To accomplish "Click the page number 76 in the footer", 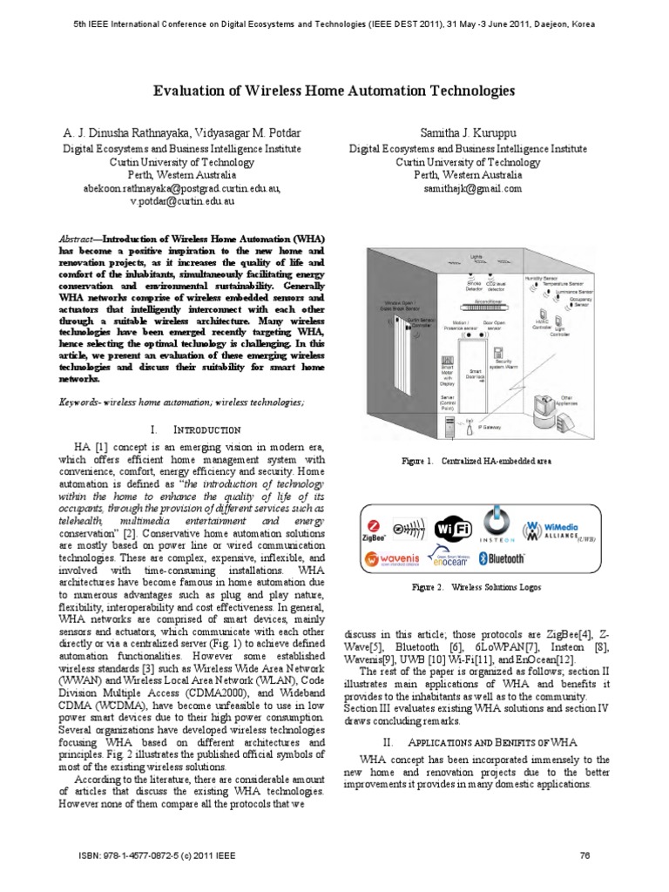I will click(585, 855).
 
